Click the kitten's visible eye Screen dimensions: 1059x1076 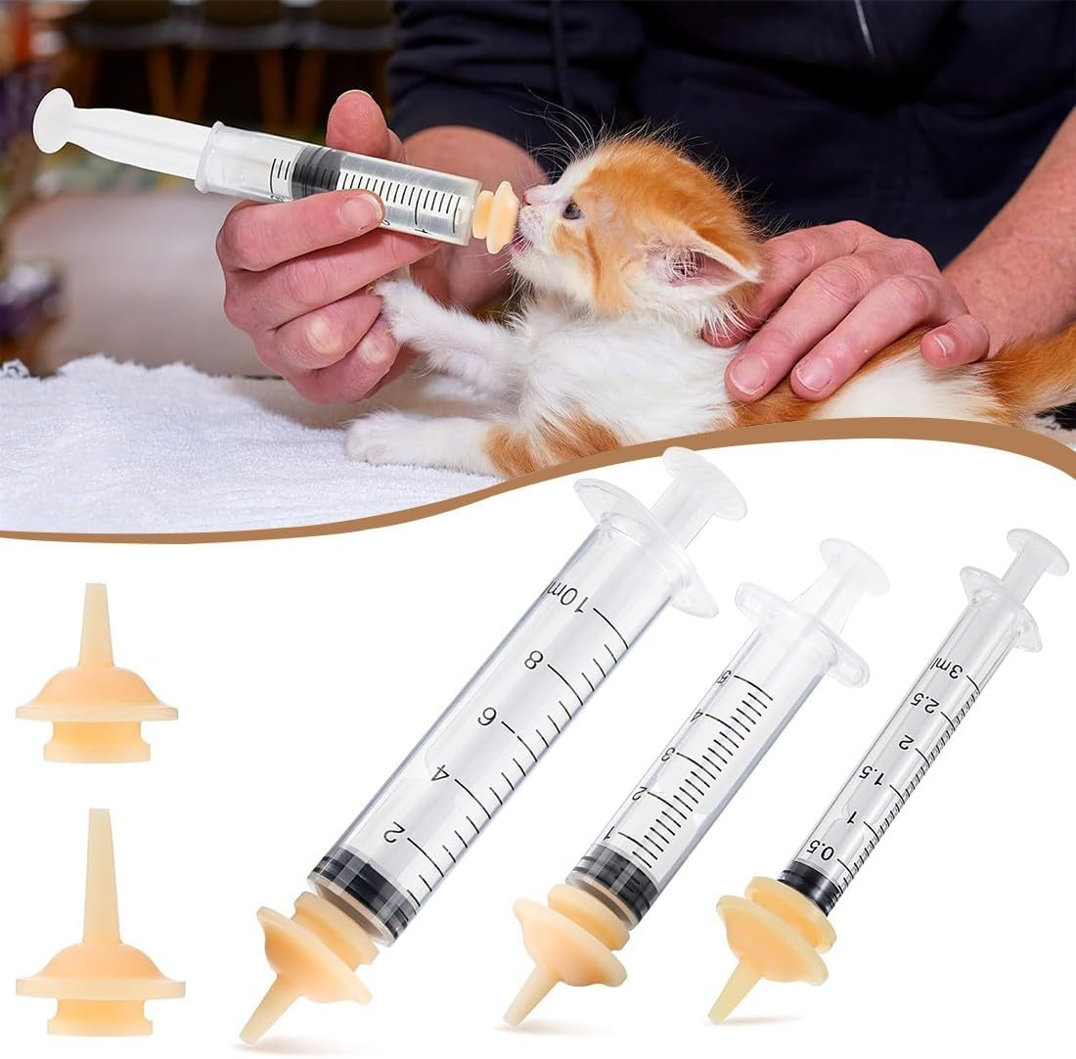click(572, 209)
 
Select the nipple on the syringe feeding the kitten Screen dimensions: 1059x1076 click(497, 216)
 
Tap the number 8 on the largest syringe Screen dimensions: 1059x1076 click(532, 661)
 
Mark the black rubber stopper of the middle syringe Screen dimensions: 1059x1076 click(610, 882)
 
